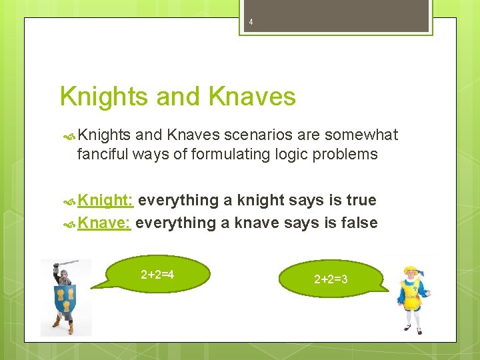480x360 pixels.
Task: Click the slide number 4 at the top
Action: click(251, 22)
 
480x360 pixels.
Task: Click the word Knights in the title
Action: click(103, 97)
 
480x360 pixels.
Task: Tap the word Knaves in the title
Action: click(251, 97)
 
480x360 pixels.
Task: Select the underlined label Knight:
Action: click(107, 200)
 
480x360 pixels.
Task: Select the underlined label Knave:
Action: click(104, 223)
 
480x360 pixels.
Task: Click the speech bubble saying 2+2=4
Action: click(160, 275)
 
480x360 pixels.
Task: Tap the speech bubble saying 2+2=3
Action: click(331, 279)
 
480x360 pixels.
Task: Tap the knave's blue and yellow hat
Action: click(409, 269)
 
